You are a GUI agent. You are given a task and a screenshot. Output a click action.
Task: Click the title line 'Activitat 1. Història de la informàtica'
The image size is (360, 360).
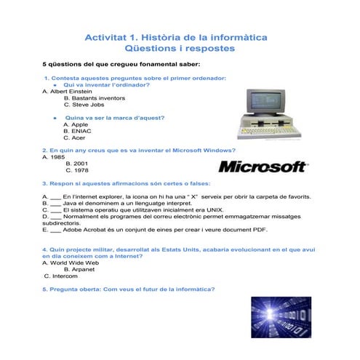click(x=177, y=36)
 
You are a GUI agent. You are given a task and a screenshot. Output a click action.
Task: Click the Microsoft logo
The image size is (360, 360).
click(x=262, y=167)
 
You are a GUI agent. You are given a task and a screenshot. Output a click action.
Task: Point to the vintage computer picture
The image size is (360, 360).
click(x=269, y=113)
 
